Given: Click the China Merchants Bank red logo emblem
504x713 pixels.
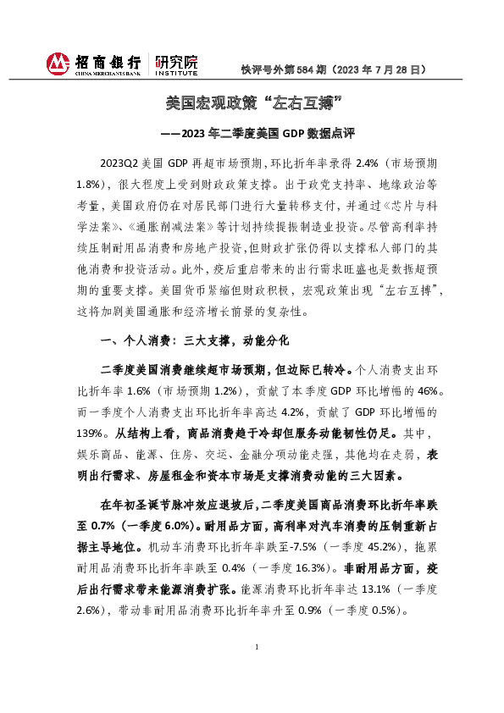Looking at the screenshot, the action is (x=57, y=64).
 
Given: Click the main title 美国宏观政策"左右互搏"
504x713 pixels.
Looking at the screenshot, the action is (x=252, y=103).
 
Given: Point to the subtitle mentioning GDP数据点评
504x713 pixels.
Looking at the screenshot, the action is (x=252, y=132).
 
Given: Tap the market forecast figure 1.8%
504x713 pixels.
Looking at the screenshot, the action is (x=112, y=182).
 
